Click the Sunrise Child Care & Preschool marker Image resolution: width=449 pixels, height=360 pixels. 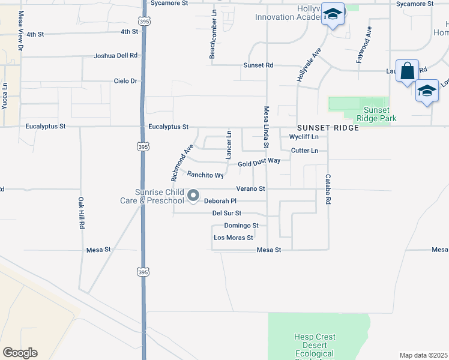pyautogui.click(x=193, y=196)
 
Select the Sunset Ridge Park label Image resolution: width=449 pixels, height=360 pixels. pyautogui.click(x=376, y=114)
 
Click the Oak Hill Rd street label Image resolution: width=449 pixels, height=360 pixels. pyautogui.click(x=81, y=213)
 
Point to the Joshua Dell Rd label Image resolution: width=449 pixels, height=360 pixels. pyautogui.click(x=115, y=55)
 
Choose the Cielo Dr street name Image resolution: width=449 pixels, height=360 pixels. pyautogui.click(x=125, y=81)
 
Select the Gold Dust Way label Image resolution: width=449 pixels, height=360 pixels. pyautogui.click(x=259, y=162)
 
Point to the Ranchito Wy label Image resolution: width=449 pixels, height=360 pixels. pyautogui.click(x=205, y=175)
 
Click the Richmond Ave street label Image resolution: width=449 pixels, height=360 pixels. pyautogui.click(x=182, y=163)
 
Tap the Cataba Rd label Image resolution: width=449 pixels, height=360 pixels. pyautogui.click(x=328, y=190)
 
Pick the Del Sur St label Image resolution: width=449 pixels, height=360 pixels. pyautogui.click(x=227, y=213)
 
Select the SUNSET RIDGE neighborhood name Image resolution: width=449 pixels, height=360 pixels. pyautogui.click(x=322, y=128)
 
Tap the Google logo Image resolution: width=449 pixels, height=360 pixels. pyautogui.click(x=20, y=353)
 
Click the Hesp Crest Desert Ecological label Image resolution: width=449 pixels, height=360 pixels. pyautogui.click(x=315, y=345)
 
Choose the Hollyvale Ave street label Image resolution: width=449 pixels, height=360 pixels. pyautogui.click(x=309, y=65)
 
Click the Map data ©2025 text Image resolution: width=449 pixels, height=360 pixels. pyautogui.click(x=423, y=355)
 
